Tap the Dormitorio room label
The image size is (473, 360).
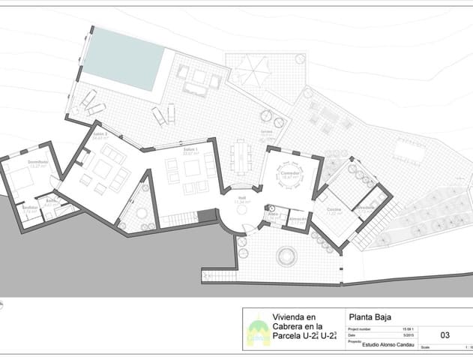coord(37,162)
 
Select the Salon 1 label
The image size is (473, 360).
coord(190,150)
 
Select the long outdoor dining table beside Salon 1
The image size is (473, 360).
coord(241,158)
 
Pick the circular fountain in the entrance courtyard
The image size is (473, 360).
coord(286,257)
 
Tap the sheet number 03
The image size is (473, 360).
coord(445,335)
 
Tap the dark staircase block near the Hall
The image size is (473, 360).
coord(207,216)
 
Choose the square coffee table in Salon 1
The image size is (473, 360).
coord(192,168)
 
